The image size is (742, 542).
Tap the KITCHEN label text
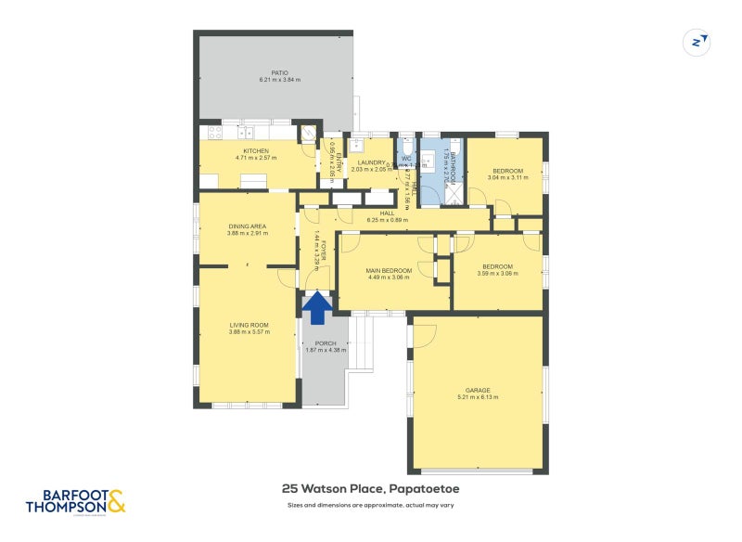tap(256, 151)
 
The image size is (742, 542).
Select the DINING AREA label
tap(248, 226)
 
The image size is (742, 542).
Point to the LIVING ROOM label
tap(249, 325)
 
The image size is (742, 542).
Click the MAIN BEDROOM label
tap(390, 270)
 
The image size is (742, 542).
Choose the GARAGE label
tap(478, 390)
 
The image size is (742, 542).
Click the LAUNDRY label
tap(371, 162)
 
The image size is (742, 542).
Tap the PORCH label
tap(325, 343)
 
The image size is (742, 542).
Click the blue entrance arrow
tap(317, 308)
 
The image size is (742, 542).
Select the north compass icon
tap(696, 42)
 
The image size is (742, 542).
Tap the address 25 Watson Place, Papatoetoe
tap(371, 488)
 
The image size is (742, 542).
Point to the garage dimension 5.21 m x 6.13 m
tap(478, 397)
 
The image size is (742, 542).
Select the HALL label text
tap(388, 213)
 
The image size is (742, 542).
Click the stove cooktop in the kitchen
tap(214, 132)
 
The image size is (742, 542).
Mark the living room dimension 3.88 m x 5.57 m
tap(249, 332)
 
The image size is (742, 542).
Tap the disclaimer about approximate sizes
tap(371, 506)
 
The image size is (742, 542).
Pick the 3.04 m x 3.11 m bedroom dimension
tap(507, 178)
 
